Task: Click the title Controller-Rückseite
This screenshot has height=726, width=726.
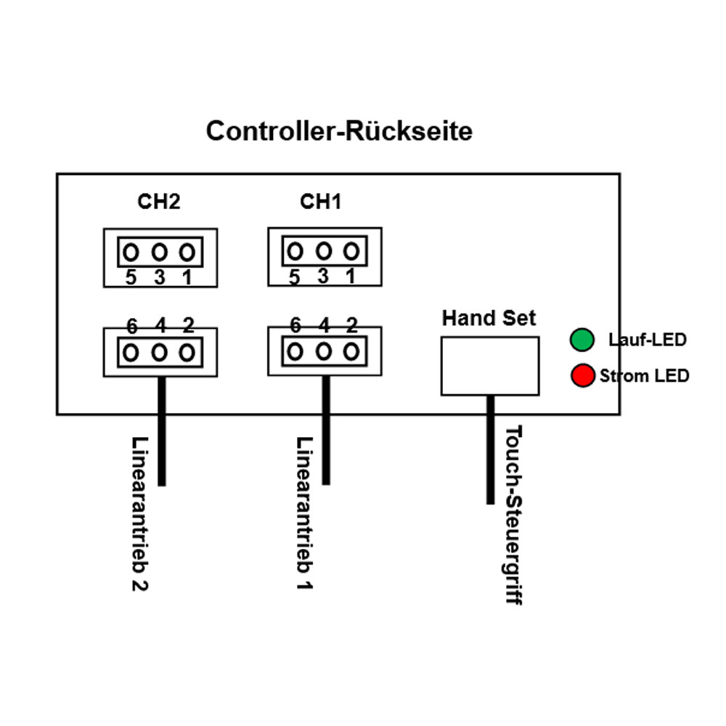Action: pos(339,131)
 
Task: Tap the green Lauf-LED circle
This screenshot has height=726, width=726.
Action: pos(582,339)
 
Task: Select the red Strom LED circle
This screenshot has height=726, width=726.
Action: pos(582,376)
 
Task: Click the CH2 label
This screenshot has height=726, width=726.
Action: pos(159,202)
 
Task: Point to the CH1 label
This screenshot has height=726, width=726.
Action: pos(321,202)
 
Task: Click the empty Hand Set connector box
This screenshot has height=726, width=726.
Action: pos(490,366)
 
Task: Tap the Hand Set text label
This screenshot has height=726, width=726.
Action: pos(489,318)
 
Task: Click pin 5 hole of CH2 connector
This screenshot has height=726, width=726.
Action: pos(131,253)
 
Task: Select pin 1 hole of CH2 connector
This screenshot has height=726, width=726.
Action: pos(187,253)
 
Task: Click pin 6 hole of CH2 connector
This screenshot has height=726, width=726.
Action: pos(131,353)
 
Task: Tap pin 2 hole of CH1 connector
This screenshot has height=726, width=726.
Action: pos(351,352)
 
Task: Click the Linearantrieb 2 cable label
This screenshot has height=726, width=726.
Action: pos(140,513)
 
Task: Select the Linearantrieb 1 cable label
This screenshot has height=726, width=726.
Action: pos(305,513)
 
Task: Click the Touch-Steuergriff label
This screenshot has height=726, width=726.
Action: pos(513,515)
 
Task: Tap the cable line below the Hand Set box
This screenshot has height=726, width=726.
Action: pos(491,450)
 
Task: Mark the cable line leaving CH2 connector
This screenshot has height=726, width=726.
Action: pos(162,436)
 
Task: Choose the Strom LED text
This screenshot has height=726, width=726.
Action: pos(645,376)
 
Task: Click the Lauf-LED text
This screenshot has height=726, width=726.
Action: pos(648,339)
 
